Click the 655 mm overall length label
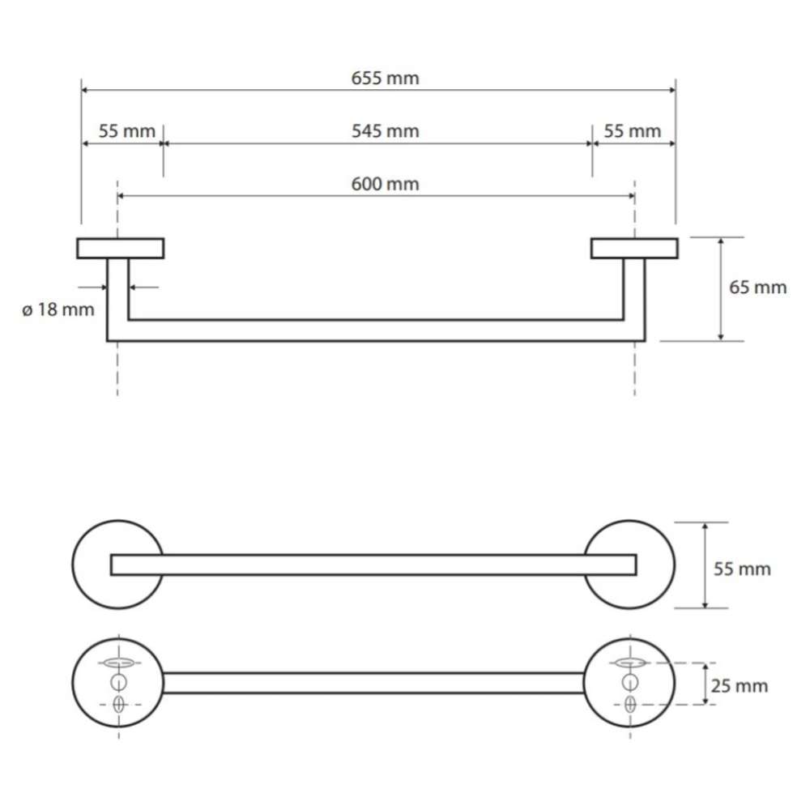pos(385,79)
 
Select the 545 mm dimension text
pos(385,131)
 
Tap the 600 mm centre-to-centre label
pos(385,184)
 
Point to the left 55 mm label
pos(126,131)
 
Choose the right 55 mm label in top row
pos(633,131)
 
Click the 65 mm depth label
pos(758,288)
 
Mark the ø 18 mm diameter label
pos(58,310)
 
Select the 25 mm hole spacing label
pos(740,686)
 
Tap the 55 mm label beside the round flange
pos(742,569)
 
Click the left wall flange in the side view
pos(121,249)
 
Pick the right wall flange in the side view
pos(635,249)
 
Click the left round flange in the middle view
pos(117,565)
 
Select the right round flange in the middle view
pos(629,565)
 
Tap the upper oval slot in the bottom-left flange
pos(119,663)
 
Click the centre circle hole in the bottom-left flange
pos(119,682)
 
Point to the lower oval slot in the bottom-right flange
pos(630,704)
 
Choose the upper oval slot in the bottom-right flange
pos(630,663)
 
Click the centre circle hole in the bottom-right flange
pos(630,682)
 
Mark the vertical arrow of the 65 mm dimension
pos(721,289)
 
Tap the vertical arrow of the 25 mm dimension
pos(706,684)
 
